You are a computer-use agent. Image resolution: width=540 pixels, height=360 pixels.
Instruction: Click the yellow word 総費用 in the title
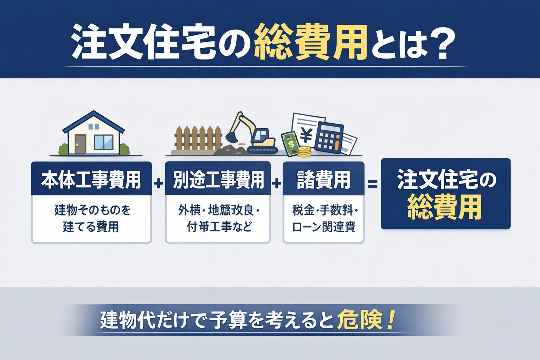point(309,43)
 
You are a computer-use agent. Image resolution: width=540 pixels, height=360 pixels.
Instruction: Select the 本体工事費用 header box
point(91,179)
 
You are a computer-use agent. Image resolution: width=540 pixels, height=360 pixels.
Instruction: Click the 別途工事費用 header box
point(218,179)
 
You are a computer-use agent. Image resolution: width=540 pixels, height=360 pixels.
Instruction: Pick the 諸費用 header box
point(323,179)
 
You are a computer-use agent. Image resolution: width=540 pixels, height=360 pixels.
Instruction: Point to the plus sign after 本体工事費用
point(159,183)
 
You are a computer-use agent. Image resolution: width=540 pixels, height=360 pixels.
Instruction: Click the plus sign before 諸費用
point(277,183)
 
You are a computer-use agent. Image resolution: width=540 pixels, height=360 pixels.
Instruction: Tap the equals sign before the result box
point(373,184)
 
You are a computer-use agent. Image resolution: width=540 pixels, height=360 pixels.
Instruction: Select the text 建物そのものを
point(92,210)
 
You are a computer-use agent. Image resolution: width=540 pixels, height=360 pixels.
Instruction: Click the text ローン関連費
point(323,227)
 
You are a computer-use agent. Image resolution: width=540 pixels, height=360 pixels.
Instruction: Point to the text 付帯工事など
point(219,227)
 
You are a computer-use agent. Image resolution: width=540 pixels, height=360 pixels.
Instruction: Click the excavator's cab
point(261,135)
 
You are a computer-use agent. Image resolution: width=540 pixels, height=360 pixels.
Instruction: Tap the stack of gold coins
point(304,152)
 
